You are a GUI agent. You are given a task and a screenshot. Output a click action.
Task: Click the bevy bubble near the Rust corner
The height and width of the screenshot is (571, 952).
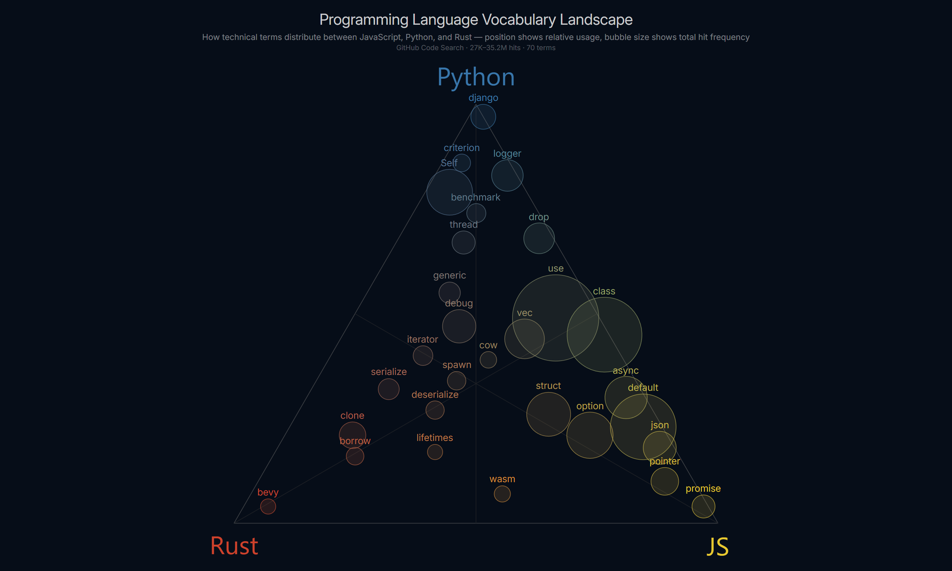(268, 506)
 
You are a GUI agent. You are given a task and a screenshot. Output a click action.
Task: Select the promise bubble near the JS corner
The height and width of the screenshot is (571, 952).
(703, 506)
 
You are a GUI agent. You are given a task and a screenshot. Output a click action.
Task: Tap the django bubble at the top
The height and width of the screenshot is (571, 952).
(483, 117)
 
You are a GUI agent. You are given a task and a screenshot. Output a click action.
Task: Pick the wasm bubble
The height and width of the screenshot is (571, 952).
(502, 494)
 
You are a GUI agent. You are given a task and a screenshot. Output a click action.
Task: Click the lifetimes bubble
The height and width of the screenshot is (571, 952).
(435, 452)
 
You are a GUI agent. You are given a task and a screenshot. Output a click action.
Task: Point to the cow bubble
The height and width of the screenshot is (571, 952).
(488, 360)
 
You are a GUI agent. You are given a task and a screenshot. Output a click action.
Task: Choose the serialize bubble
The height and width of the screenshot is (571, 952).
(389, 389)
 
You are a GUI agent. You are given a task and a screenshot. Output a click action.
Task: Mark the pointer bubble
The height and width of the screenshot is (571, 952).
(664, 481)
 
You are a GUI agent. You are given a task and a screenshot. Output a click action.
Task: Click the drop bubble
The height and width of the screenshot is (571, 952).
(539, 238)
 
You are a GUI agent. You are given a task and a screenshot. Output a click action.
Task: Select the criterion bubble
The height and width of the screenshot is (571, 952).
(461, 163)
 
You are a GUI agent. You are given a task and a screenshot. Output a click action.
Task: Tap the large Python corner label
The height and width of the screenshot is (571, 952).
(476, 77)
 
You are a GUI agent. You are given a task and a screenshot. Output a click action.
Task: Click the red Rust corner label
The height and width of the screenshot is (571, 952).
(234, 546)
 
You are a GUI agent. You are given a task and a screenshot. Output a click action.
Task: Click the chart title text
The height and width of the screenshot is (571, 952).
(476, 20)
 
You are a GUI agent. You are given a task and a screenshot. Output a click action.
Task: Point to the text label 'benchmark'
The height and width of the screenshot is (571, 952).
(476, 197)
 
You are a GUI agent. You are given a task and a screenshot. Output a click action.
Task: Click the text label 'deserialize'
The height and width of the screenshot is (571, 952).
(435, 394)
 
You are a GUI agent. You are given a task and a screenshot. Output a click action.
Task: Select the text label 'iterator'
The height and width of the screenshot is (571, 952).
(422, 339)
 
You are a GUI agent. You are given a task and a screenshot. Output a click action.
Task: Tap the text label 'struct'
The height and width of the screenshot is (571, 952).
(548, 385)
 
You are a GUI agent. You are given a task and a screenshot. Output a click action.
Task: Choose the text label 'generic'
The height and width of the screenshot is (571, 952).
(449, 275)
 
